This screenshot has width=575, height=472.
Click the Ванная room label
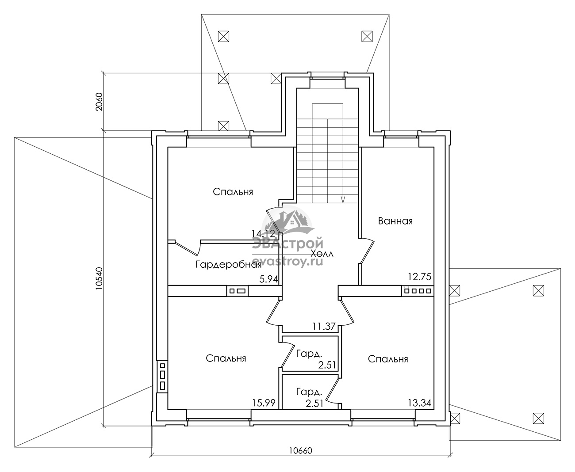(x=395, y=221)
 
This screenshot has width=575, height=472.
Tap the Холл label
(x=322, y=254)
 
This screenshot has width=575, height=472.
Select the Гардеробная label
(x=229, y=264)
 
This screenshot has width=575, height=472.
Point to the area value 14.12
(x=263, y=233)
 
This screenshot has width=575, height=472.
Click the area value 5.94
(x=268, y=279)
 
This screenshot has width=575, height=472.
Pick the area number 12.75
(x=419, y=277)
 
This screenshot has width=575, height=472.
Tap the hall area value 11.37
(x=324, y=326)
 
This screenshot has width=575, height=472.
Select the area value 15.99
(x=264, y=403)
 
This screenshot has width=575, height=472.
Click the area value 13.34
(x=420, y=403)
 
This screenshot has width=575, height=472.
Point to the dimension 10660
(x=301, y=451)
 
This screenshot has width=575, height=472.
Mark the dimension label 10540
(x=99, y=278)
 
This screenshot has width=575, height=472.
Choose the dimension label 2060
(x=99, y=102)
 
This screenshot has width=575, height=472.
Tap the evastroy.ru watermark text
(x=287, y=262)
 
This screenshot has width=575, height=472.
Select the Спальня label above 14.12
(x=233, y=192)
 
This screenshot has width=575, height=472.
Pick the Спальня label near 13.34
(x=388, y=359)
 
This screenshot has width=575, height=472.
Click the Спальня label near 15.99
(x=226, y=358)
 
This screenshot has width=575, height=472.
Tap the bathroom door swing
(x=367, y=251)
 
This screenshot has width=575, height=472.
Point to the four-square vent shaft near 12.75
(x=418, y=291)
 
